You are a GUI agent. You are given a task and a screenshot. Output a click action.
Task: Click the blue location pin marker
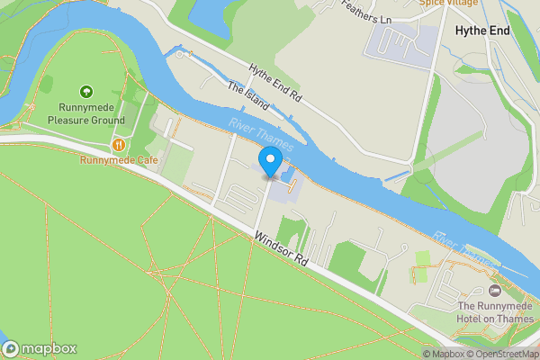pos(269,163)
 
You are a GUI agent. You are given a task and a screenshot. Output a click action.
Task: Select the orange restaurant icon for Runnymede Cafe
pos(119,145)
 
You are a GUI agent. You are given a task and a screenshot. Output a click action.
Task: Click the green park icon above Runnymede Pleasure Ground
pos(85,91)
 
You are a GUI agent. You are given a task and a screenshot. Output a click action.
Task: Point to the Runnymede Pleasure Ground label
pos(85,112)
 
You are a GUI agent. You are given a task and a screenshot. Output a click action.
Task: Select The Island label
pos(248,96)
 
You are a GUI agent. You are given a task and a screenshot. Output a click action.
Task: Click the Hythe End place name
pos(482,31)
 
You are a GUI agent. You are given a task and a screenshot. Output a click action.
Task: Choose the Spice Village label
pos(449,4)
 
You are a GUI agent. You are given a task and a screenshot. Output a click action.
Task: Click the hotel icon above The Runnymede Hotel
pos(493,291)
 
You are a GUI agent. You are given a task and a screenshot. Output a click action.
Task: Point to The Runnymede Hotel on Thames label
pos(493,312)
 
